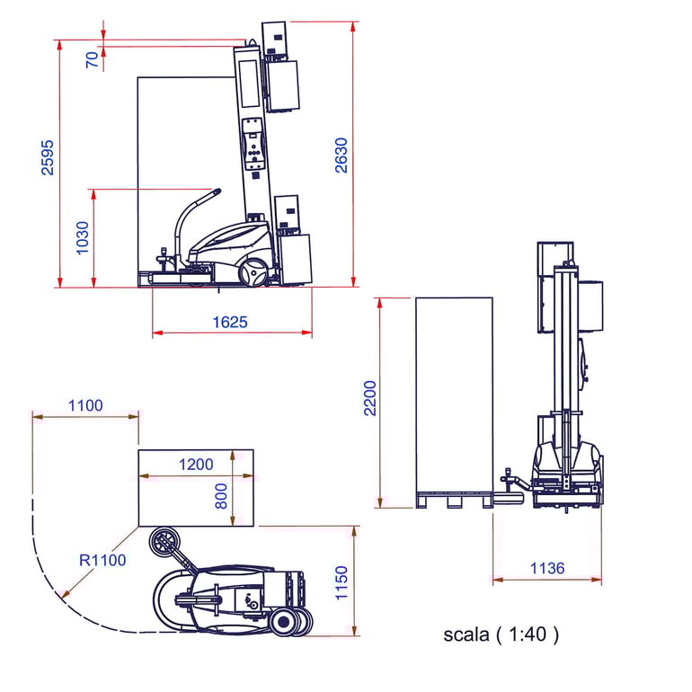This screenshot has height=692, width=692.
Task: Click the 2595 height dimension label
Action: [x=48, y=157]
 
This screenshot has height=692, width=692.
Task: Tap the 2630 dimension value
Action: [x=342, y=155]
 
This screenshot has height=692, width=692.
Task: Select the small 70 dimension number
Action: [x=92, y=59]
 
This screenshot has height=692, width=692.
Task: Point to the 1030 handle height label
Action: [x=83, y=238]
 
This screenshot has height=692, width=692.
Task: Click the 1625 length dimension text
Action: [x=230, y=322]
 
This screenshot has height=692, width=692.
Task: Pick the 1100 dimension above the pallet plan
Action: [x=85, y=405]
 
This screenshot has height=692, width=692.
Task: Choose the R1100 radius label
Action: [x=102, y=560]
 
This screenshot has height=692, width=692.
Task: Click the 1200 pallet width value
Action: [x=196, y=465]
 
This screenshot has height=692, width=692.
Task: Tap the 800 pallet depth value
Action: [x=221, y=496]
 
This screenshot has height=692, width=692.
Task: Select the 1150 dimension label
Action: [x=342, y=583]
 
